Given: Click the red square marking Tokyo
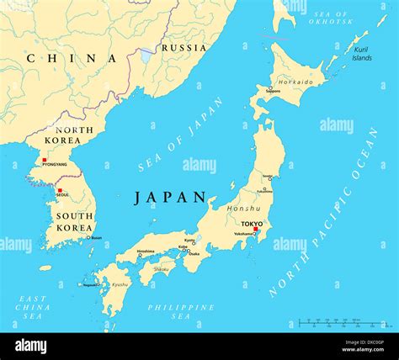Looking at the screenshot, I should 256,229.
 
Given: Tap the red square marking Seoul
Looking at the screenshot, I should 60,191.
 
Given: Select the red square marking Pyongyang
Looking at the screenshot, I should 45,160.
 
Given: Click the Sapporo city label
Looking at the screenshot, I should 273,90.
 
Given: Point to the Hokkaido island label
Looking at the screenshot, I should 296,82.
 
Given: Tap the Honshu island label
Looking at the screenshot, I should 243,208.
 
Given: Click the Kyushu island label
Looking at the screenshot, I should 120,284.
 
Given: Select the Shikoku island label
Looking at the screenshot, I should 160,269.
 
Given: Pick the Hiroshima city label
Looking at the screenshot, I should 146,251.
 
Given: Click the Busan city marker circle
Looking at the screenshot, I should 88,237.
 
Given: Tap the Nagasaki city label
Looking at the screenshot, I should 91,284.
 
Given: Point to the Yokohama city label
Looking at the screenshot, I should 243,233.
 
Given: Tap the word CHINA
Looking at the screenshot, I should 71,58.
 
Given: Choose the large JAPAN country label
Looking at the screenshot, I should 170,198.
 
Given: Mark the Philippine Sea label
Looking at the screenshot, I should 181,312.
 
